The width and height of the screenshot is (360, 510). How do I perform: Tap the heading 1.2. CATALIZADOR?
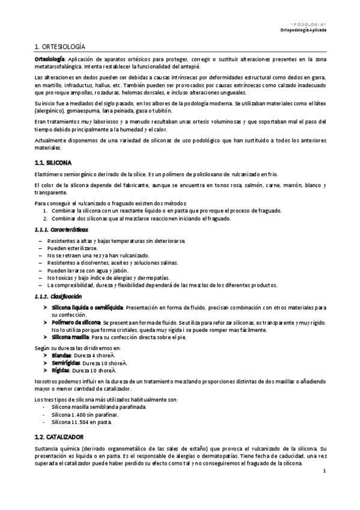[x=59, y=436]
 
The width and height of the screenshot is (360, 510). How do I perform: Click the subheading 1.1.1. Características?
[x=62, y=230]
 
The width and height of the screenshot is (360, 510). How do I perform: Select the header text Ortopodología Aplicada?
[x=304, y=29]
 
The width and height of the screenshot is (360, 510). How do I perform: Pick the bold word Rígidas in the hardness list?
[x=61, y=371]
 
